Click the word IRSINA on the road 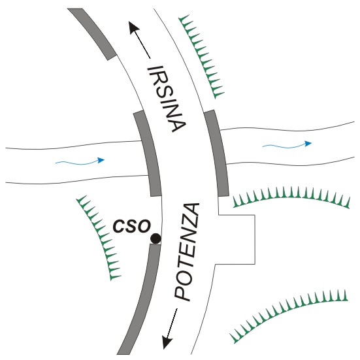166,99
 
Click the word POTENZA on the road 186,252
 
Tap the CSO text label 131,226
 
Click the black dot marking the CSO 155,238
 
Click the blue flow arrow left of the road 80,161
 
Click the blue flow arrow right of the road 287,145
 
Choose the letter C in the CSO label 118,226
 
